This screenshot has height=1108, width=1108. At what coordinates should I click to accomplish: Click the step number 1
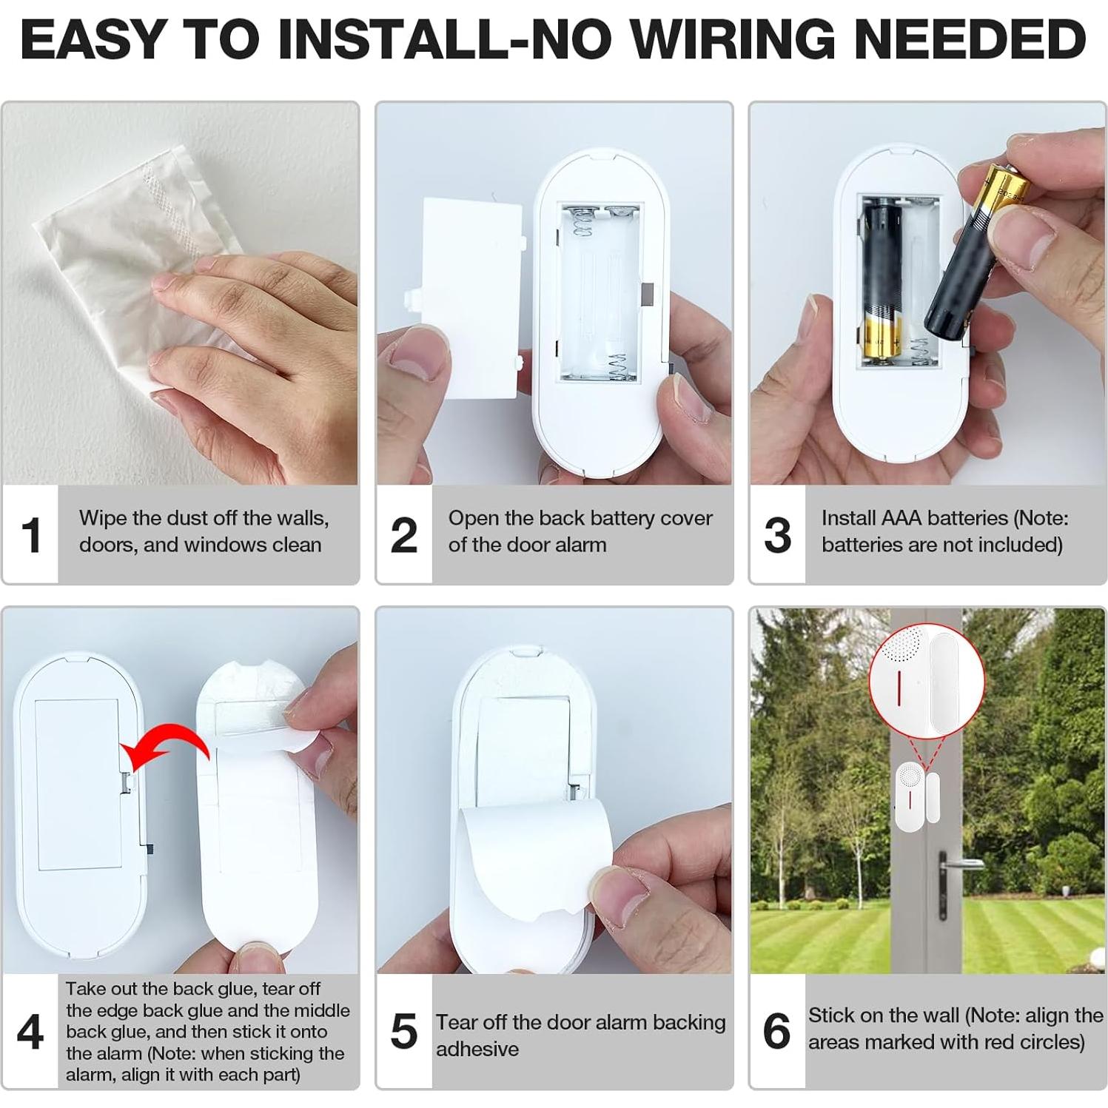pos(31,534)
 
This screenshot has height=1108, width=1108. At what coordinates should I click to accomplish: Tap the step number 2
pos(404,534)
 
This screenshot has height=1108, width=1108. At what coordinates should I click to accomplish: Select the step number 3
pos(777,534)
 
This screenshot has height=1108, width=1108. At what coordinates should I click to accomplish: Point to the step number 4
pos(30,1031)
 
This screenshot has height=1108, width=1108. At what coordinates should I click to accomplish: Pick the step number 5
pos(404,1031)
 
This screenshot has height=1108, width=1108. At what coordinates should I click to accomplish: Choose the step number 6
pos(777,1031)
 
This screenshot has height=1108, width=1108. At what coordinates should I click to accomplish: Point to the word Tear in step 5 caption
pos(456,1022)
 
